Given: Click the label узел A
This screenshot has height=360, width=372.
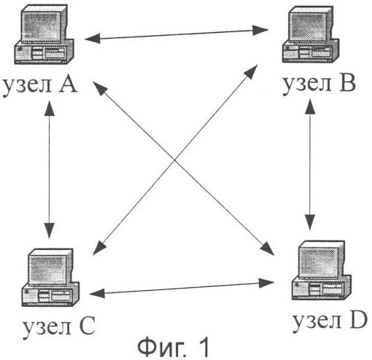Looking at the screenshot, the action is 40,86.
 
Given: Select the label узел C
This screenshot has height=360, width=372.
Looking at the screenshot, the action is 58,326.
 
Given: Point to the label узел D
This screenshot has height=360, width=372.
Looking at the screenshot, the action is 330,321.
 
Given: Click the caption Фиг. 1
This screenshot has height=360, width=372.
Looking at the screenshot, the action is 173,347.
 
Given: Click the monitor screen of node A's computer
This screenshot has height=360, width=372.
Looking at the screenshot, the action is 41,26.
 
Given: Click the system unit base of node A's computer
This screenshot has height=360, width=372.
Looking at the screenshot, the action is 44,52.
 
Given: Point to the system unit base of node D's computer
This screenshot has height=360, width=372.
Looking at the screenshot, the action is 322,289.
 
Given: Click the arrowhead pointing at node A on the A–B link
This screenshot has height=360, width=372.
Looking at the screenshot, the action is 93,39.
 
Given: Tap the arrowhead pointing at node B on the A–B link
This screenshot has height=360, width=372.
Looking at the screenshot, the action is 260,31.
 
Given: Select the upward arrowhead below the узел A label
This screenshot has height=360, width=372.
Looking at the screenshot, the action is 50,108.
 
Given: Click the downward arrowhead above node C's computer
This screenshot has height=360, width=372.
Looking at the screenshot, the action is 50,230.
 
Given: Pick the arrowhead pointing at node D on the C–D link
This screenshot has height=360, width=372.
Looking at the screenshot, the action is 266,283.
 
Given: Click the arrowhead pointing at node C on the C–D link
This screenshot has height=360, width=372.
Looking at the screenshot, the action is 97,294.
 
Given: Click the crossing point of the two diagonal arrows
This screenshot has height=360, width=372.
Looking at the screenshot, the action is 174,160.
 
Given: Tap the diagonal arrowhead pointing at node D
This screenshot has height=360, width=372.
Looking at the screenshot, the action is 268,249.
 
